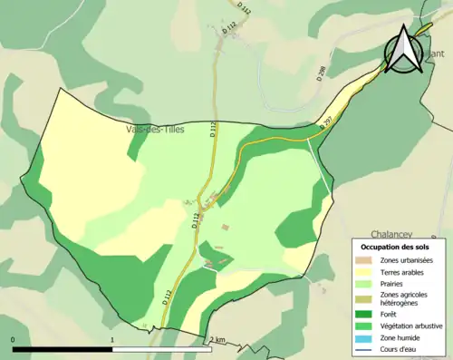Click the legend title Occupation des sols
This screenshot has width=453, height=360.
coord(395,247)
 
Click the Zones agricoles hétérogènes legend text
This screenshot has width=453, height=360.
coord(404,298)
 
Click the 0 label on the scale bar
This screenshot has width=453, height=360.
coord(14,340)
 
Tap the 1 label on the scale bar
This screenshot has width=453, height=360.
coord(112,340)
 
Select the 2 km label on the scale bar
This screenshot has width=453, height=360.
coord(217,340)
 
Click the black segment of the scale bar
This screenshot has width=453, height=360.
coord(63,349)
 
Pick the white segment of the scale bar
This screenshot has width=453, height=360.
coord(162,349)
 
